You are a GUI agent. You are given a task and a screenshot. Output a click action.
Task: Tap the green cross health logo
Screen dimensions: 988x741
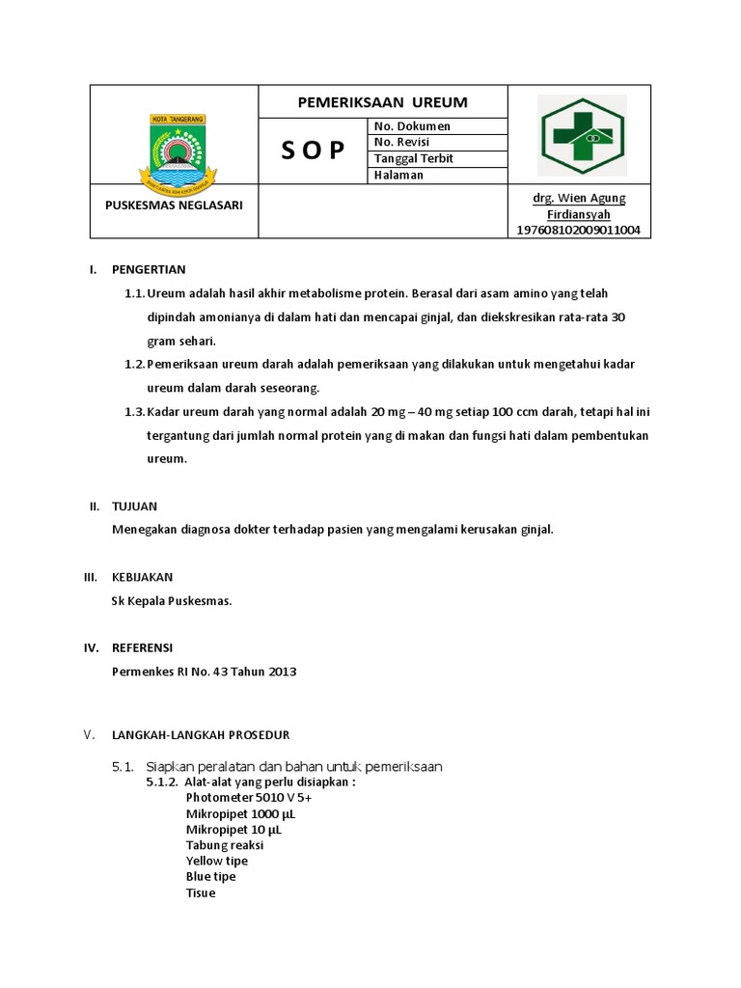(582, 135)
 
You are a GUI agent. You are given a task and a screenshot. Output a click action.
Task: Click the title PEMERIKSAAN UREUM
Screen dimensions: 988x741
(382, 102)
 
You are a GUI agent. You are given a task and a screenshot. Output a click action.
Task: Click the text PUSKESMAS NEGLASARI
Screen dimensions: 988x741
(174, 206)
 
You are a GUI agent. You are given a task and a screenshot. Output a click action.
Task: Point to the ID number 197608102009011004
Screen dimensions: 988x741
(579, 231)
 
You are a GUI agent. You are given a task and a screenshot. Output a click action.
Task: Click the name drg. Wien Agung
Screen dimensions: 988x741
(579, 199)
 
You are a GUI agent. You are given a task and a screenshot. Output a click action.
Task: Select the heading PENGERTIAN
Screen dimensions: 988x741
(149, 269)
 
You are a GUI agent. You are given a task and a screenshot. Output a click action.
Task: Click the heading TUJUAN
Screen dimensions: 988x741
(134, 506)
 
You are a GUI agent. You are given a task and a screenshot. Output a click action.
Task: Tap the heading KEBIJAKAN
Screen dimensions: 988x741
(143, 577)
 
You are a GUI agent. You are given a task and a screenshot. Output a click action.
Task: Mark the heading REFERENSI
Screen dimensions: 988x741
(143, 647)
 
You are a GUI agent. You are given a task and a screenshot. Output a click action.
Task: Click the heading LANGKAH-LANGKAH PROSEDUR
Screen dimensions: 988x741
(201, 735)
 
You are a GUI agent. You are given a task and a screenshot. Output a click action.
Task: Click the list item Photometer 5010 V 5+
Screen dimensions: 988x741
(249, 798)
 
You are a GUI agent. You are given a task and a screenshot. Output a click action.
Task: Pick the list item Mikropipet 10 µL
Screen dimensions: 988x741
(234, 830)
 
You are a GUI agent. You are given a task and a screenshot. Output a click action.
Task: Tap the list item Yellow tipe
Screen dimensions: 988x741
(217, 861)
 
